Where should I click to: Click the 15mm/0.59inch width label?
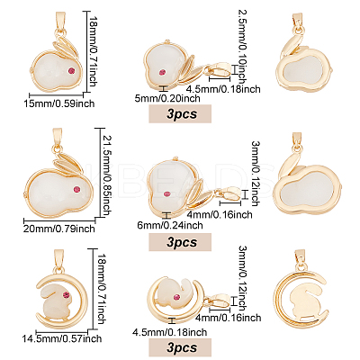point(59,103)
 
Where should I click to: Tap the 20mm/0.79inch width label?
point(59,229)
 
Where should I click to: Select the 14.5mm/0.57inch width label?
point(62,339)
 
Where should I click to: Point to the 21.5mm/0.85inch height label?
point(107,175)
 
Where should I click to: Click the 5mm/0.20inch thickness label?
point(167,98)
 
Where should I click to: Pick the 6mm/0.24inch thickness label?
point(170,225)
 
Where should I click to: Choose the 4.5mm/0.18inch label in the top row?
point(223,89)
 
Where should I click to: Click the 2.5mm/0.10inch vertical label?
point(242,47)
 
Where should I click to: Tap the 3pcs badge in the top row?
point(180,113)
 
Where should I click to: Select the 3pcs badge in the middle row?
point(180,242)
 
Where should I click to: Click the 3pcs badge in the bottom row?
point(180,347)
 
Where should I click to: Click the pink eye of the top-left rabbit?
point(72,71)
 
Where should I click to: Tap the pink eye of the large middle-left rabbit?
point(77,190)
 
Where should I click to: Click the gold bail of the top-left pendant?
point(59,22)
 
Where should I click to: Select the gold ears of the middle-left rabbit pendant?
point(67,161)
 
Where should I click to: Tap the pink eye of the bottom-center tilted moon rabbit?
point(177,297)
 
